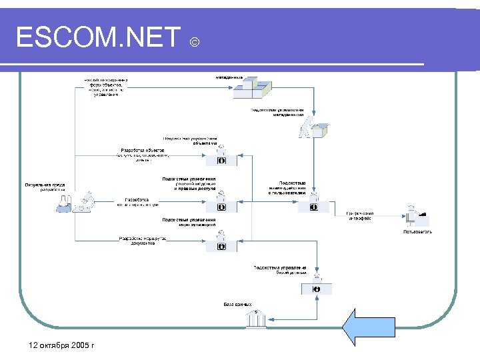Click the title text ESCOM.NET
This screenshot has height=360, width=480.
(98, 38)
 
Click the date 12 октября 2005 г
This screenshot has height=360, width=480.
(58, 345)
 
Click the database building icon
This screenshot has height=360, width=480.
(255, 319)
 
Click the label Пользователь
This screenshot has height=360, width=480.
(417, 232)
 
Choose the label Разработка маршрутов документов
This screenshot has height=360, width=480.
(138, 241)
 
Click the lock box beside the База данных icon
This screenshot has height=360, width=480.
(316, 289)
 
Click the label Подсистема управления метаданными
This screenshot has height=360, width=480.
(277, 111)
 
